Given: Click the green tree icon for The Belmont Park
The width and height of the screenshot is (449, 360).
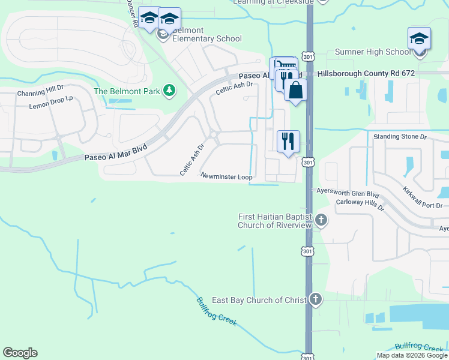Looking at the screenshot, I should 170,91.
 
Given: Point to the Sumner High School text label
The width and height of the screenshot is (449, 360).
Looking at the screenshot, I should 373,52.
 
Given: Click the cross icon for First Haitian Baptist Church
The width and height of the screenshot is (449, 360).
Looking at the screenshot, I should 321,220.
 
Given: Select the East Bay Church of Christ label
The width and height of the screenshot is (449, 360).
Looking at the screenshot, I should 259,300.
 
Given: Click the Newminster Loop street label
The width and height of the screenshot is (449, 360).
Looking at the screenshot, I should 226,177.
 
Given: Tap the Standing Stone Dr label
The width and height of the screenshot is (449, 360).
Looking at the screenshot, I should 400,137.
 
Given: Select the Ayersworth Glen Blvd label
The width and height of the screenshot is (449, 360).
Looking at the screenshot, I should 348,194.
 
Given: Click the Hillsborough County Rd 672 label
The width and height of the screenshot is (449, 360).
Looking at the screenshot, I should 366,73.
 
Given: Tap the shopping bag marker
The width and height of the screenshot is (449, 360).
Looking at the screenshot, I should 295,91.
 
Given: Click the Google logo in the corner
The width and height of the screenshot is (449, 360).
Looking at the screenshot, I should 20,353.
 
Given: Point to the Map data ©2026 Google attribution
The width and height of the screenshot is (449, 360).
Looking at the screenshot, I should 411,356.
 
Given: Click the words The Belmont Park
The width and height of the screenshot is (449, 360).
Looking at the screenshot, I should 128,91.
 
